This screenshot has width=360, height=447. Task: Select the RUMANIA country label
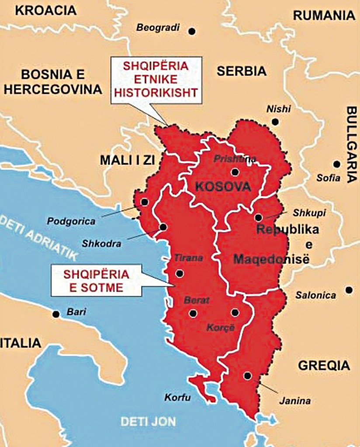coord(324,15)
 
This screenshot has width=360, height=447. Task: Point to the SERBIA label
coord(242,71)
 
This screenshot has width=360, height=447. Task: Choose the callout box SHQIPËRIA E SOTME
coord(97,281)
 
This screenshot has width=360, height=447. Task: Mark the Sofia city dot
coord(336,164)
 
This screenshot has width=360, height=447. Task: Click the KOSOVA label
coord(223,187)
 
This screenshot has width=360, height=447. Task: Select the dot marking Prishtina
coord(235,172)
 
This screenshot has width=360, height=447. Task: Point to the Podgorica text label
coord(71,221)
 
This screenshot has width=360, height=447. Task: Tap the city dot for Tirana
coord(179,274)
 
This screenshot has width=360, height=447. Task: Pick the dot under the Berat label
coord(193,313)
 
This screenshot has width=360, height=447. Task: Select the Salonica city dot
coord(349,289)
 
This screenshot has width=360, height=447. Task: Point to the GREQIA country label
coord(324,365)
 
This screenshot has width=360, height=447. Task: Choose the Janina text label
coord(290,400)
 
